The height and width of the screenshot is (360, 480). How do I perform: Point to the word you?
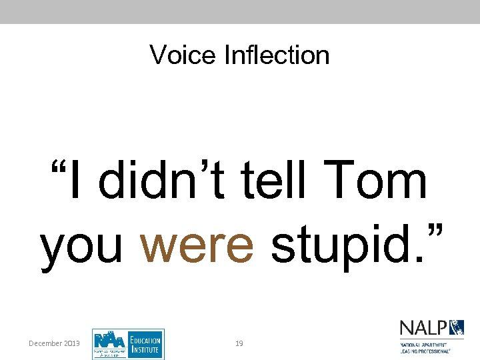pyautogui.click(x=82, y=245)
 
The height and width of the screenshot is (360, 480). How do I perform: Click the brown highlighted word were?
pyautogui.click(x=197, y=245)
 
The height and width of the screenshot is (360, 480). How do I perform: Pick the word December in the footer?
pyautogui.click(x=45, y=343)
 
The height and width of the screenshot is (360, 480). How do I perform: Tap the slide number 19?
pyautogui.click(x=239, y=343)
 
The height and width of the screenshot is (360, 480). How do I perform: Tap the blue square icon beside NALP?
pyautogui.click(x=457, y=328)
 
